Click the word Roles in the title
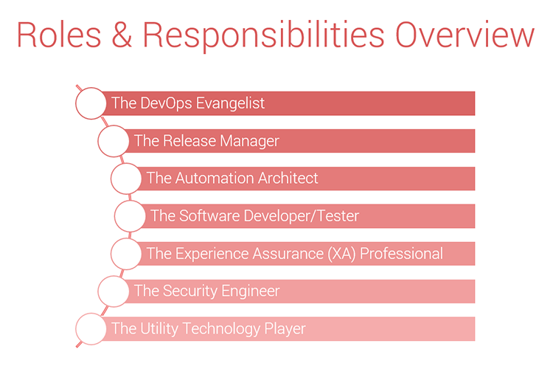(59, 35)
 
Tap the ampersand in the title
(122, 35)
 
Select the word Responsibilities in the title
(263, 36)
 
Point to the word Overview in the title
(465, 35)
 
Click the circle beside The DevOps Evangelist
(75, 103)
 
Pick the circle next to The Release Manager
(98, 141)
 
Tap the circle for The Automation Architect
(111, 179)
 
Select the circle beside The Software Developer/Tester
(114, 216)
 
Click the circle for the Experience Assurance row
(111, 254)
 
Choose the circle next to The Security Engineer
(98, 292)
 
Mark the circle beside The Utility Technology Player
(75, 328)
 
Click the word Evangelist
(230, 103)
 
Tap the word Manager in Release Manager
(250, 141)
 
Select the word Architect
(288, 178)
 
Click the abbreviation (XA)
(341, 254)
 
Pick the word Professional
(401, 254)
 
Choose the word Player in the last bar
(285, 329)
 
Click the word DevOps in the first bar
(167, 103)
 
